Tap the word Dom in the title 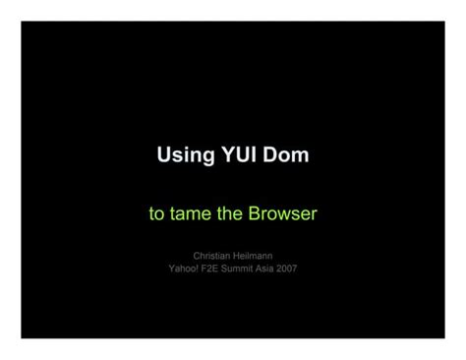[286, 155]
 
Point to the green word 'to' [156, 213]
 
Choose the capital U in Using [164, 155]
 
